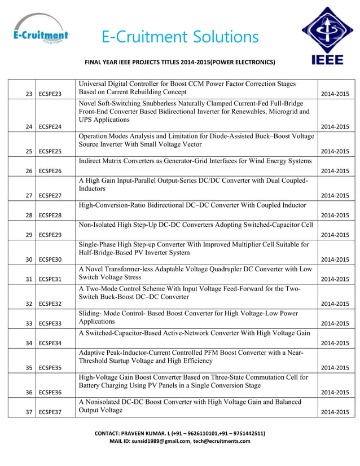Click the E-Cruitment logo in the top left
click(x=40, y=32)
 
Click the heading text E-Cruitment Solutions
click(x=180, y=37)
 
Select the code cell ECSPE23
click(x=50, y=94)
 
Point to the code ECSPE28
click(x=50, y=215)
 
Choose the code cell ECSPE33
click(x=50, y=323)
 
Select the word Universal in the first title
click(x=95, y=84)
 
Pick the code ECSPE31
click(x=50, y=279)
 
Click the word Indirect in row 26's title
click(x=93, y=161)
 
